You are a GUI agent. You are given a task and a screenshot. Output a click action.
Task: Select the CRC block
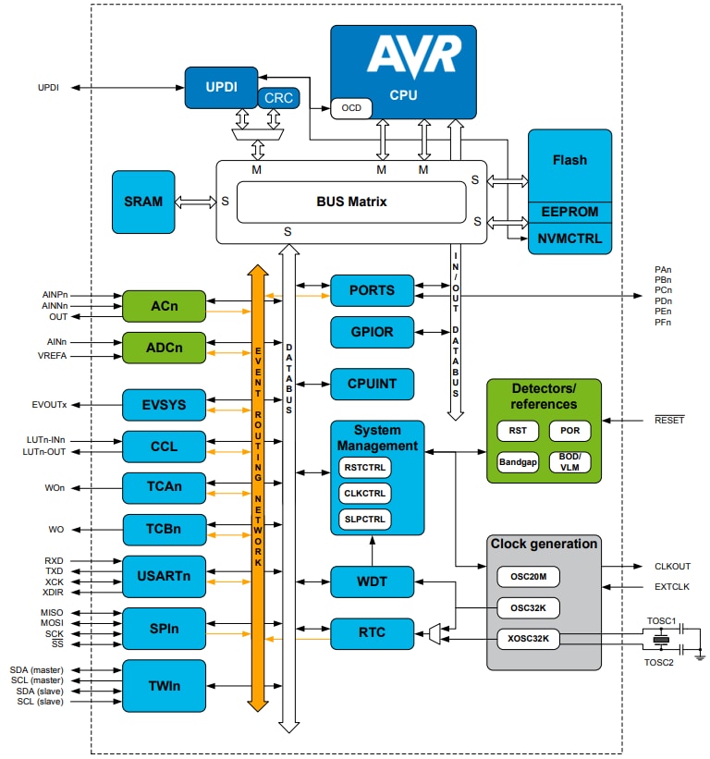[x=278, y=97]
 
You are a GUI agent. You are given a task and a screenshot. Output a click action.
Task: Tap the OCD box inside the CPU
[x=351, y=108]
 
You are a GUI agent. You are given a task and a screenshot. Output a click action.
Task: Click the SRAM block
[x=142, y=202]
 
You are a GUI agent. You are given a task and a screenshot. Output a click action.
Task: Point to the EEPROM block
[x=569, y=212]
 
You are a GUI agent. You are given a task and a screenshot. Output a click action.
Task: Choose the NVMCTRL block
[x=569, y=238]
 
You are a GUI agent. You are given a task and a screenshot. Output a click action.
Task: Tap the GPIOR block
[x=372, y=332]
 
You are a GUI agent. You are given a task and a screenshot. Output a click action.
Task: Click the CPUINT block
[x=372, y=383]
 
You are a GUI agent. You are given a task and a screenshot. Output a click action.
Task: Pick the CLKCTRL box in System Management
[x=364, y=493]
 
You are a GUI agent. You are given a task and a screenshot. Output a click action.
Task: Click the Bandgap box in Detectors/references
[x=518, y=461]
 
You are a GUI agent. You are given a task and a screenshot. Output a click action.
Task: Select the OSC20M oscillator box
[x=528, y=578]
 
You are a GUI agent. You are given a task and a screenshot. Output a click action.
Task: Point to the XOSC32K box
[x=528, y=638]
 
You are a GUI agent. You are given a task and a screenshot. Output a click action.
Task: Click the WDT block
[x=372, y=582]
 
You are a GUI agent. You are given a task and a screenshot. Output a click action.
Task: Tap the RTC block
[x=372, y=633]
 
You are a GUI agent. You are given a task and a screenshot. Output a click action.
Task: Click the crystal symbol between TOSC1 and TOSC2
[x=659, y=639]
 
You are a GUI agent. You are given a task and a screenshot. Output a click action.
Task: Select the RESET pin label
[x=668, y=420]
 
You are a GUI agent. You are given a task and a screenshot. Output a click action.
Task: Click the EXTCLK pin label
[x=672, y=587]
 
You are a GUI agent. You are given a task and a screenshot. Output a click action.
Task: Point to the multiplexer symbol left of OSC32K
[x=435, y=633]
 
